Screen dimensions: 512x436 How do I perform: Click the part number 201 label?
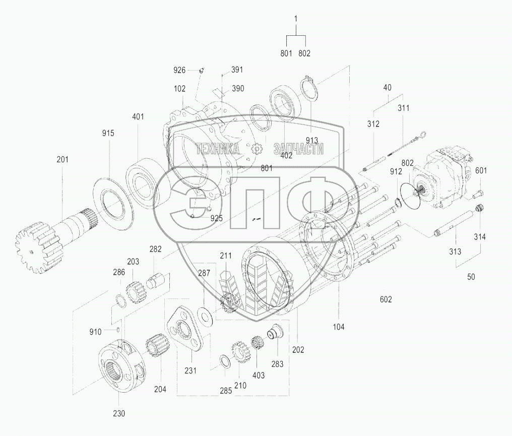point(62,159)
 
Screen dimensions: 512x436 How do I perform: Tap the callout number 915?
point(108,133)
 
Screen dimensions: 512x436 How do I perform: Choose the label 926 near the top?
point(179,70)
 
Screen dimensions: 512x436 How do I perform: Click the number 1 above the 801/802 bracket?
point(296,19)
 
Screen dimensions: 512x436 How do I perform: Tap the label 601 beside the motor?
point(481,170)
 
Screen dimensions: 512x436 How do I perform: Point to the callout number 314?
point(480,237)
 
